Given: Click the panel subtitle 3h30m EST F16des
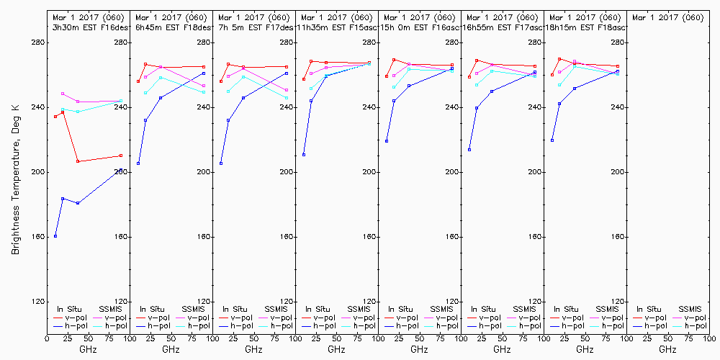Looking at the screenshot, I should (x=88, y=27).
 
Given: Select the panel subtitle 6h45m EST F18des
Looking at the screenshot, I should (x=171, y=27).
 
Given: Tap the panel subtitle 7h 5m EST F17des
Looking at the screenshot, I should (x=253, y=27).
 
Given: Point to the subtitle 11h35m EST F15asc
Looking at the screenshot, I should (x=336, y=27).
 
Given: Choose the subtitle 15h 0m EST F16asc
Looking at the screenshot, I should (x=419, y=27).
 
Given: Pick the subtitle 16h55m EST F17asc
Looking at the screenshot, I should (x=502, y=27).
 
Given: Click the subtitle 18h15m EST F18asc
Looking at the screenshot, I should (x=585, y=27).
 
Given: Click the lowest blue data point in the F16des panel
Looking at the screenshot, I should (x=55, y=236).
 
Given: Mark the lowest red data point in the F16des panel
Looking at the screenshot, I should (x=78, y=161).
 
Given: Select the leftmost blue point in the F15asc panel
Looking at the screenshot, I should (x=304, y=155).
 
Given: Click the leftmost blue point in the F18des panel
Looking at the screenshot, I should (x=138, y=163).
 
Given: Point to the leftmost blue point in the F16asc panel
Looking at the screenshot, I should (x=387, y=141).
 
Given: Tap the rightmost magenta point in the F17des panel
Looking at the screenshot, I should (x=287, y=90).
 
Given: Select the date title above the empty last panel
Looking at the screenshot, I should (x=667, y=17).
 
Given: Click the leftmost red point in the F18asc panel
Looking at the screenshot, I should (x=552, y=75).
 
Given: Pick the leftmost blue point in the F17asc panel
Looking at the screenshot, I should (x=469, y=150).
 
